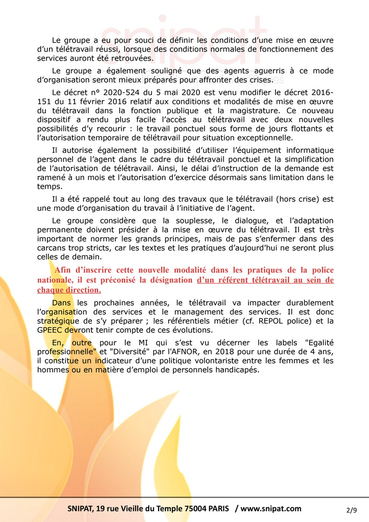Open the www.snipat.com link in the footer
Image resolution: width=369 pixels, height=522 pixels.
click(x=271, y=508)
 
